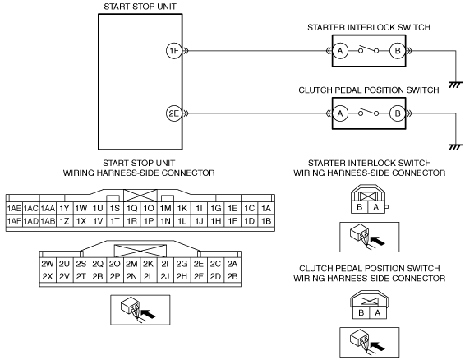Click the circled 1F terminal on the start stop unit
click(174, 51)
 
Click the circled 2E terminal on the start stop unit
click(174, 113)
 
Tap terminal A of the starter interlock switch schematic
click(340, 51)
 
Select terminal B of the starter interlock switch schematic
click(398, 51)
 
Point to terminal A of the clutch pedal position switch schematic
click(340, 113)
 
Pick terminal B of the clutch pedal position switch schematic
click(398, 113)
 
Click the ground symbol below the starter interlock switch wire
click(455, 85)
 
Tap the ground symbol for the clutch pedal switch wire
click(455, 147)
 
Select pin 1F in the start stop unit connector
click(232, 221)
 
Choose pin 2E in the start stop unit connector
click(198, 264)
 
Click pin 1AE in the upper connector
click(14, 208)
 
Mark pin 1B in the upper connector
click(266, 221)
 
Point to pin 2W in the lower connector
click(48, 264)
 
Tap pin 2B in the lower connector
click(232, 276)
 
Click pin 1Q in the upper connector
click(131, 208)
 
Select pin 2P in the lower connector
click(115, 276)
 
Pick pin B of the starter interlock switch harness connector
click(359, 207)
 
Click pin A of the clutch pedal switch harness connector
click(378, 312)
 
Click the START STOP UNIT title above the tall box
click(140, 7)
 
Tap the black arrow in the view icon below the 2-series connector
click(148, 314)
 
